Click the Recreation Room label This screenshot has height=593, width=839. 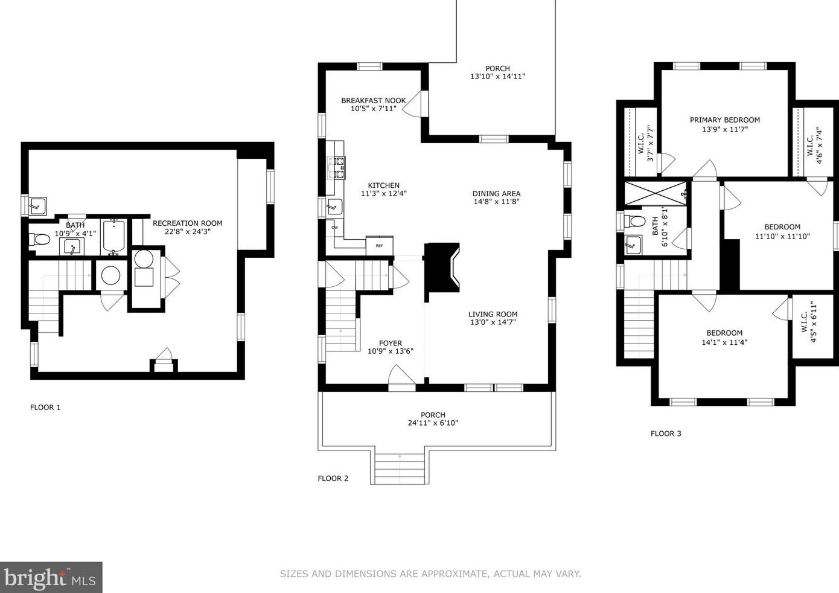pos(187,223)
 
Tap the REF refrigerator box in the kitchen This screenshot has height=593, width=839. pos(380,246)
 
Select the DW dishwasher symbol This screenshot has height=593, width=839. pos(334,228)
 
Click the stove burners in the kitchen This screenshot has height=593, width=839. pos(336,168)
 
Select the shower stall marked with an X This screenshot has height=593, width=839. pos(656,194)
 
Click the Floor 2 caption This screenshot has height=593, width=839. pos(333,478)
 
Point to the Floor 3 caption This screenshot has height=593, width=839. pos(666,434)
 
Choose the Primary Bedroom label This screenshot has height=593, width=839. pos(725,120)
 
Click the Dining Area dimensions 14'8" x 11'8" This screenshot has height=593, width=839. pos(496,202)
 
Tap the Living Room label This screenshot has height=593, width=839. pos(493,314)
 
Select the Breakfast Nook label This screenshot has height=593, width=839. pos(374,100)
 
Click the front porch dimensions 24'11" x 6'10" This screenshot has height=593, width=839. pos(433,423)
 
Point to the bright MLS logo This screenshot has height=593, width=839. pos(51,577)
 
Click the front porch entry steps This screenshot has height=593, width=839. pos(400,469)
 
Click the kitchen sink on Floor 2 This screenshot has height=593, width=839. pos(334,207)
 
